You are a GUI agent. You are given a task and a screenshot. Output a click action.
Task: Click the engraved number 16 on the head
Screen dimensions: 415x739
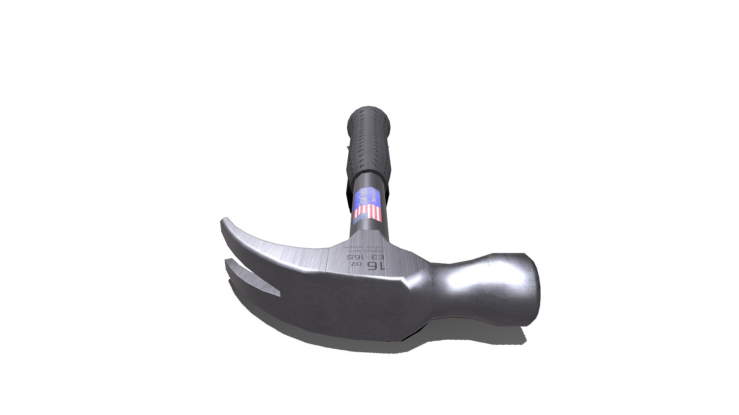pos(376,266)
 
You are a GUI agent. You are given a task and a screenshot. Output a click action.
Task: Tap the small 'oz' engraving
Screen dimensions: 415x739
pos(356,265)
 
